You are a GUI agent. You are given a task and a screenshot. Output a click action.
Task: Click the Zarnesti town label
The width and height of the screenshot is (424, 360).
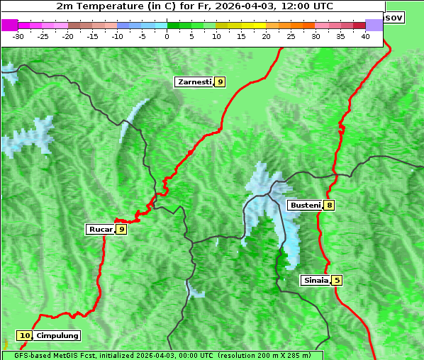[x=194, y=82]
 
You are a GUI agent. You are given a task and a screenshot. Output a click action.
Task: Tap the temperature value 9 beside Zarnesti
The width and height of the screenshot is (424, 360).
[x=221, y=82]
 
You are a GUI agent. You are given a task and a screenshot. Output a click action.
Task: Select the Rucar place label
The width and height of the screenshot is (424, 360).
[x=100, y=229]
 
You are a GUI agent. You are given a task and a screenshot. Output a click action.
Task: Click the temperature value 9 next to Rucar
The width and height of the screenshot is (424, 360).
[x=121, y=229]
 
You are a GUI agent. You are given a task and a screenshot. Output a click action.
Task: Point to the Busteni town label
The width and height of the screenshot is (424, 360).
[x=305, y=205]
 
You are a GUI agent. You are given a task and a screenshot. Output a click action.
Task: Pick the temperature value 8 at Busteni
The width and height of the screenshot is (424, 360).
[x=330, y=205]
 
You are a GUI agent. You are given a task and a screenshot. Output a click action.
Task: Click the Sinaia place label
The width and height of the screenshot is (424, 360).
[x=316, y=280]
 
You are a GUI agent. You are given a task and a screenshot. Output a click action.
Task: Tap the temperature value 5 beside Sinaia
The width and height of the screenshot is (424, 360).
[x=337, y=280]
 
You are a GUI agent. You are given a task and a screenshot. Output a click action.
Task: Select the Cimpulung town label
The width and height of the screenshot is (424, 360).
[x=57, y=336]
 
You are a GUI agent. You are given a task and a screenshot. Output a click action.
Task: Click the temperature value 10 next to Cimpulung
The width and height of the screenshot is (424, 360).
[x=25, y=336]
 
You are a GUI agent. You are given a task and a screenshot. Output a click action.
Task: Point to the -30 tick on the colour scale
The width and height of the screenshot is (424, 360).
[x=18, y=35]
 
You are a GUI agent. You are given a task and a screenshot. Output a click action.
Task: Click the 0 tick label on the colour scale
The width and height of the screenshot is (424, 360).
[x=167, y=35]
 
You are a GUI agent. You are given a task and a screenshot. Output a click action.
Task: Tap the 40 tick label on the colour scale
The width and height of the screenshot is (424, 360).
[x=365, y=35]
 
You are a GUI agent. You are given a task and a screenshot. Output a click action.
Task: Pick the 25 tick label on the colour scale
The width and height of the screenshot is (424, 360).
[x=291, y=35]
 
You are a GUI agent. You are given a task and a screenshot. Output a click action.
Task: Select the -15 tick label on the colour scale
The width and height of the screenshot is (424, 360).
[x=93, y=35]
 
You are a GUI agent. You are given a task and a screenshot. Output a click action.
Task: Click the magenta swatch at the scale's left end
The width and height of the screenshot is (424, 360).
[x=9, y=25]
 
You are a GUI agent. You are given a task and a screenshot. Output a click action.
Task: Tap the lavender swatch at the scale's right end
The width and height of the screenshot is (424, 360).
[x=374, y=25]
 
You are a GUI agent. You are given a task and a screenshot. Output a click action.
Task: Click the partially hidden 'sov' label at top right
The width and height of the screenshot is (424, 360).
[x=394, y=17]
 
